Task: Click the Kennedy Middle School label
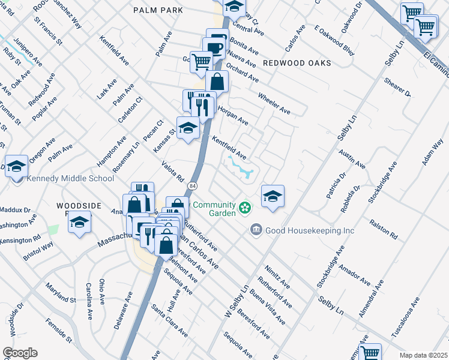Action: click(x=71, y=178)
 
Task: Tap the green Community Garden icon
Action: click(x=244, y=208)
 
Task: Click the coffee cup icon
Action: click(x=214, y=47)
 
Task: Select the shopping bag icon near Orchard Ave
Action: click(x=217, y=82)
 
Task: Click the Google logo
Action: click(x=20, y=353)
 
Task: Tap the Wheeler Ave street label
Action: click(x=274, y=104)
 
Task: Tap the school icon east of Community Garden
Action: click(x=273, y=196)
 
